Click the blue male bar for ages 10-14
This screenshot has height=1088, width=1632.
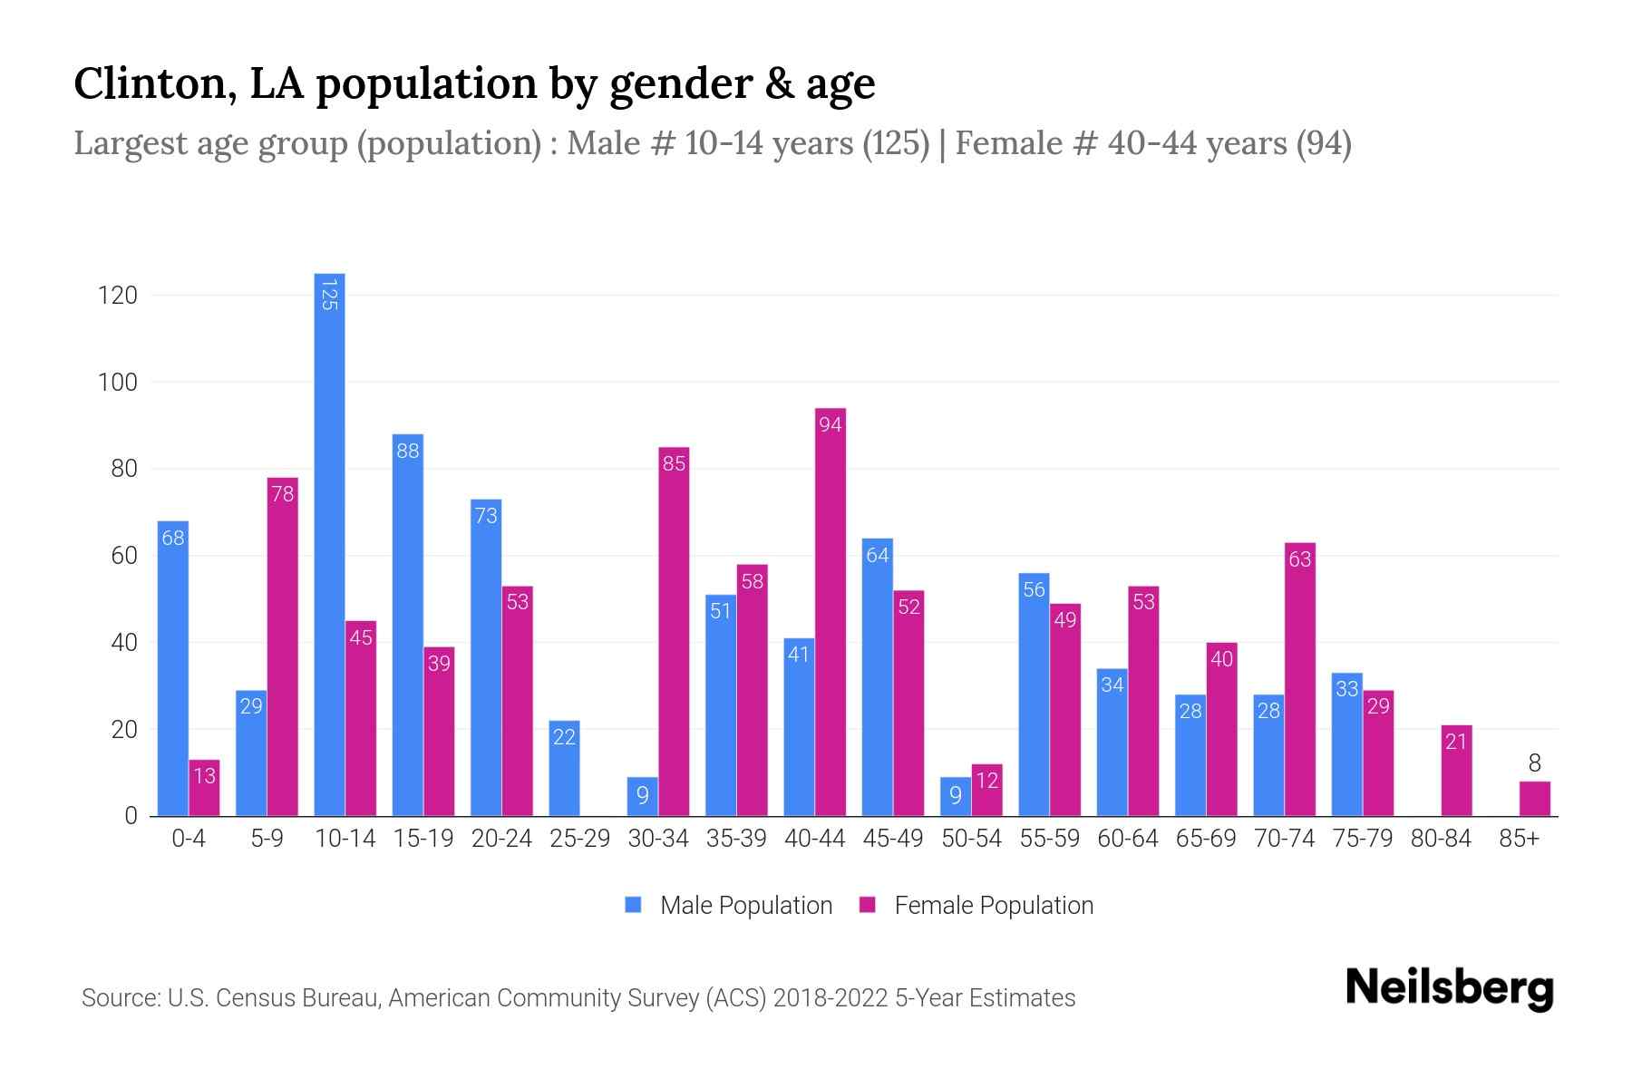click(329, 544)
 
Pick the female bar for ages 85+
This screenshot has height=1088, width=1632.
click(1534, 799)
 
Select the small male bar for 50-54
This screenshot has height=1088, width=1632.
click(956, 797)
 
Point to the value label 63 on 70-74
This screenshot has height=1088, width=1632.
click(1300, 559)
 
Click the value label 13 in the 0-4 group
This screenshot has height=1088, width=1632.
click(204, 776)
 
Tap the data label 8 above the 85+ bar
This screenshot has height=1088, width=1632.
click(1534, 763)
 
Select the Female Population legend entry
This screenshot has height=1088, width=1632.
click(976, 906)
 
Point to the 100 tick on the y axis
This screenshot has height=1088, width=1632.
click(118, 383)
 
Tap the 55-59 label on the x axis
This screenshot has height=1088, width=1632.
click(1049, 839)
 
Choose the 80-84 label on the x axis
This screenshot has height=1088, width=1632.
click(1441, 839)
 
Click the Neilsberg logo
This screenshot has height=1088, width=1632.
click(1449, 988)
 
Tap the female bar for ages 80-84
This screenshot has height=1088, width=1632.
click(1456, 771)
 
